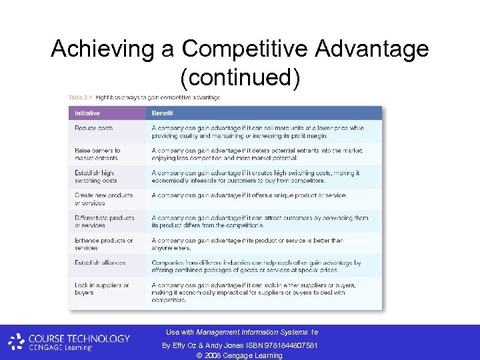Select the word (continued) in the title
click(x=240, y=77)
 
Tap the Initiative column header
click(x=88, y=113)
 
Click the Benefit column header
click(x=163, y=113)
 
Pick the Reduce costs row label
click(x=94, y=128)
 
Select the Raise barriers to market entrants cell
click(x=97, y=154)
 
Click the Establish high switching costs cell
click(x=95, y=177)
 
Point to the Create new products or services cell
click(x=103, y=199)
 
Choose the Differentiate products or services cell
click(x=104, y=221)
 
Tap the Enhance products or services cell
click(x=103, y=244)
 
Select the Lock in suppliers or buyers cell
click(x=102, y=289)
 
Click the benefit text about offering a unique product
click(x=241, y=195)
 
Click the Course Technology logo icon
click(x=16, y=343)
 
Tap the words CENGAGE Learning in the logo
click(x=60, y=347)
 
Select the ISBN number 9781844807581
click(x=288, y=345)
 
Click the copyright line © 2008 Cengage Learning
click(x=240, y=355)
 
